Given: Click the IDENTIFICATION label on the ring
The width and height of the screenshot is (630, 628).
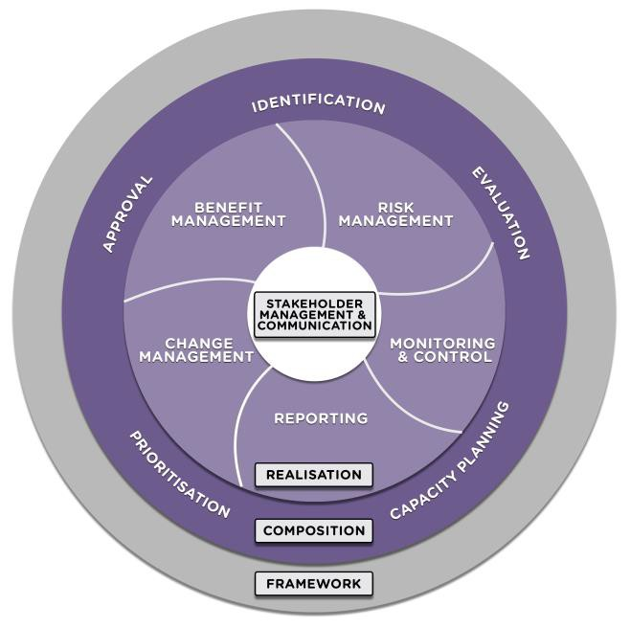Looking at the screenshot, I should click(x=318, y=104).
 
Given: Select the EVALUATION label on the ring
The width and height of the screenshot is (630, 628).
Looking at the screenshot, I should click(x=500, y=213).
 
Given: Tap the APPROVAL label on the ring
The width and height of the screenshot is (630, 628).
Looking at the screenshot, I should click(x=127, y=213).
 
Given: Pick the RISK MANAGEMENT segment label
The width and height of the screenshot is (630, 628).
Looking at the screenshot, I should click(x=395, y=213).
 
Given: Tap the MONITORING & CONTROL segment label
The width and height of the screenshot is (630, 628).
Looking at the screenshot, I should click(x=442, y=349).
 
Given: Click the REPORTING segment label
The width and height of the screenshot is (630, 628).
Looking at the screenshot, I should click(x=321, y=417).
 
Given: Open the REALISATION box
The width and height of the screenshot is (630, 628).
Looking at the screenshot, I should click(x=313, y=474).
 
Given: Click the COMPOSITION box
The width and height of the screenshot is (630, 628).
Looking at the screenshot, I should click(x=313, y=530).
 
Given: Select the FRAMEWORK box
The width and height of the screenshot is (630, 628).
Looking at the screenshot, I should click(x=313, y=583).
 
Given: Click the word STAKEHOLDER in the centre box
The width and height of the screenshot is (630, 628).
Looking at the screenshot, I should click(x=314, y=303).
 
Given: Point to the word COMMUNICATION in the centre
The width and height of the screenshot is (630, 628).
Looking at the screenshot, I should click(x=314, y=325).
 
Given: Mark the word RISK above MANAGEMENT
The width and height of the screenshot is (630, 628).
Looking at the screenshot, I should click(x=395, y=206).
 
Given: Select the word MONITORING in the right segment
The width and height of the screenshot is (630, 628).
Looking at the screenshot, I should click(x=442, y=343).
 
